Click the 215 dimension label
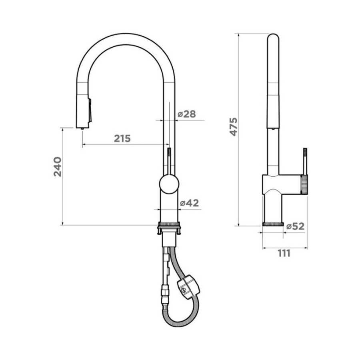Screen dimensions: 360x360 pos(122,138)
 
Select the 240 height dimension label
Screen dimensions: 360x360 pos(57,167)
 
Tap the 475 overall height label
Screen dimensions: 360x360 pos(234,127)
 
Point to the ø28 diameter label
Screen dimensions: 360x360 pos(187,114)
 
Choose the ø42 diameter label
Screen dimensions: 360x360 pos(190,203)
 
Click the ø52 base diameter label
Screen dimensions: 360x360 pos(295,226)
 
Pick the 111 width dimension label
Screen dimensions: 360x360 pos(284,254)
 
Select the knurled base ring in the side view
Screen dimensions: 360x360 pos(273,224)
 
